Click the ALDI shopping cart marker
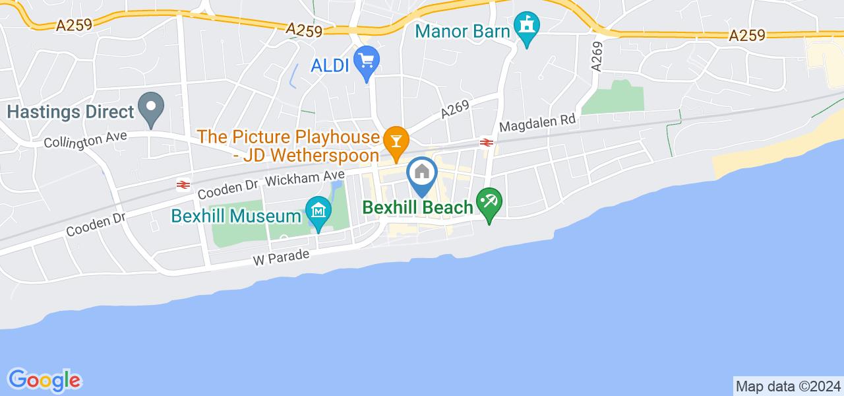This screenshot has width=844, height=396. tap(366, 62)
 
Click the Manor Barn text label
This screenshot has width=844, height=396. tap(464, 30)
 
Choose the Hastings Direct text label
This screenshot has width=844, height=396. tap(71, 112)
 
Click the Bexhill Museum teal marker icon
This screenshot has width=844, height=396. tap(319, 212)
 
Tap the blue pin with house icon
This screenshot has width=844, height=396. tap(421, 174)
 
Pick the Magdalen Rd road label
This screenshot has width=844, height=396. tap(538, 123)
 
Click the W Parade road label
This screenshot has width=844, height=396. tap(281, 256)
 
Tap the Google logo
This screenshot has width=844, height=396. tap(44, 380)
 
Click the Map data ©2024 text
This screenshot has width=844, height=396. tap(787, 386)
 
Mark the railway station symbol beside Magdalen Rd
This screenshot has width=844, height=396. tap(487, 141)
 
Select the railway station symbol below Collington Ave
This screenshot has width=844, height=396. tap(183, 185)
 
